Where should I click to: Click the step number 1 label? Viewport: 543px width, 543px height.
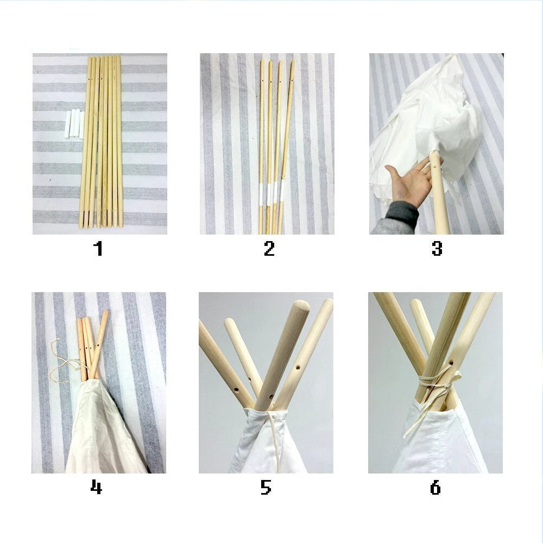tap(98, 248)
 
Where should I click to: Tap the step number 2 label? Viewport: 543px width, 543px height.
tap(269, 248)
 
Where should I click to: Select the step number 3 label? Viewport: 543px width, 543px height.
tap(437, 248)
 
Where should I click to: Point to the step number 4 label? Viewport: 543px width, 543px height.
tap(96, 487)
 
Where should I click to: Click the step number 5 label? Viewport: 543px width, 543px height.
tap(266, 487)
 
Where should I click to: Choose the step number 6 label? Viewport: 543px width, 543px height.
tap(435, 487)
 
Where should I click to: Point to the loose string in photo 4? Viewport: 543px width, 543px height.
tap(64, 364)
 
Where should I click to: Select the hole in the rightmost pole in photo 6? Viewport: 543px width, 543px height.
tap(451, 363)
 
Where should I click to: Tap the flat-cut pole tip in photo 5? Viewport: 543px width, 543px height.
tap(300, 306)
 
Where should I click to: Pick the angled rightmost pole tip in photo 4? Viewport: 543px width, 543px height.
tap(105, 312)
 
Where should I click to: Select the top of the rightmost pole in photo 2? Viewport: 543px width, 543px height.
tap(293, 62)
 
